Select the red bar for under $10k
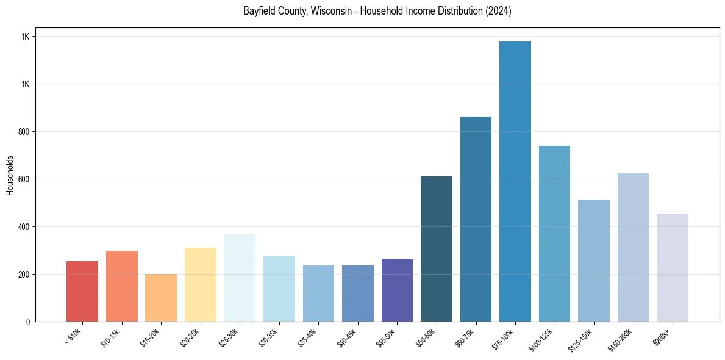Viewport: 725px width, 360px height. (82, 291)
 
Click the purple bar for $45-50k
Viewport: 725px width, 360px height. (397, 290)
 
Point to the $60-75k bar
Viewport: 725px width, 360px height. (476, 219)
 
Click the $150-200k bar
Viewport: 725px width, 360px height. (633, 247)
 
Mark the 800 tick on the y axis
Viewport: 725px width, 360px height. (24, 131)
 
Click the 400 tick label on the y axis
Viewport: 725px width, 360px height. (24, 226)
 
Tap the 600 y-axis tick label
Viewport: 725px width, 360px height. (24, 179)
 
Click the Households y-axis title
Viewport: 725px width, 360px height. (10, 175)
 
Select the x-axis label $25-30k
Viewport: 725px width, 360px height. (229, 338)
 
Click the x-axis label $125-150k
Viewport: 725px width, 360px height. (580, 340)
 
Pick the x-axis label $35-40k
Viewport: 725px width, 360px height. (307, 338)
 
